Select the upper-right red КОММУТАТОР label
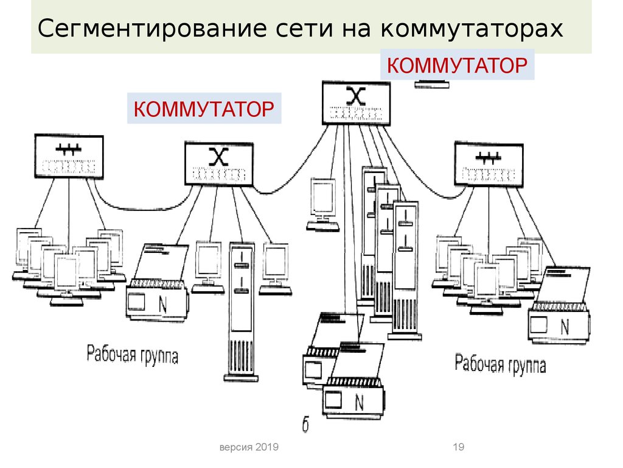pos(456,65)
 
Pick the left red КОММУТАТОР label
pos(204,109)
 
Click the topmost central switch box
pos(356,103)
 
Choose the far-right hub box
pos(489,163)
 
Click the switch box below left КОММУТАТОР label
pos(218,163)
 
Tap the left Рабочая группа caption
pos(133,354)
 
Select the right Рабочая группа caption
pos(500,364)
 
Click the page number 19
pos(459,448)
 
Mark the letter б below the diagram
pos(305,425)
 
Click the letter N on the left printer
pos(162,305)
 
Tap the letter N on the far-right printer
pos(565,327)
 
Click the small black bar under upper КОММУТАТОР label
pos(432,84)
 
